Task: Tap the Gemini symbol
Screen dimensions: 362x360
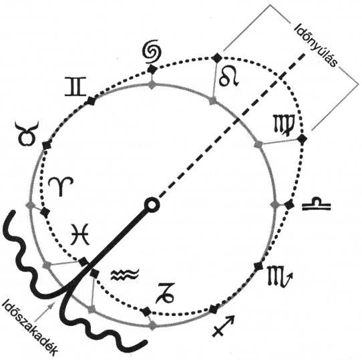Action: tap(75, 87)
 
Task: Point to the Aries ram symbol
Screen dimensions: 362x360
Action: tap(61, 186)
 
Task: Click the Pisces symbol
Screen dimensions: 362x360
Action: tap(79, 234)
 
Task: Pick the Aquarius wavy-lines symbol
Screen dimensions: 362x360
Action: tap(125, 275)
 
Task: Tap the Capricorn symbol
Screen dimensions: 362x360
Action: tap(164, 293)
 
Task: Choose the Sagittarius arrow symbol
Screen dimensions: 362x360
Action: tap(223, 325)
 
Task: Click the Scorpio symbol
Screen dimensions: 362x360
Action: tap(280, 276)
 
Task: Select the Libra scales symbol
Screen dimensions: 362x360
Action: tap(317, 204)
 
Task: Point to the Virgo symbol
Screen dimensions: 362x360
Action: tap(284, 125)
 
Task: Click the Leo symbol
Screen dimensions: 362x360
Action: tap(228, 77)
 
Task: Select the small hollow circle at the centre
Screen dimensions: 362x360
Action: tap(152, 205)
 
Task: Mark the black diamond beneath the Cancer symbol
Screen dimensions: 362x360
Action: tap(152, 69)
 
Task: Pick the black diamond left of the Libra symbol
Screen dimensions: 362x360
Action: tap(289, 205)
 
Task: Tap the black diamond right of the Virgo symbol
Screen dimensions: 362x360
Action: tap(302, 139)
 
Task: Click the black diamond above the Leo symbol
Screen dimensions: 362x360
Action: tap(217, 57)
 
